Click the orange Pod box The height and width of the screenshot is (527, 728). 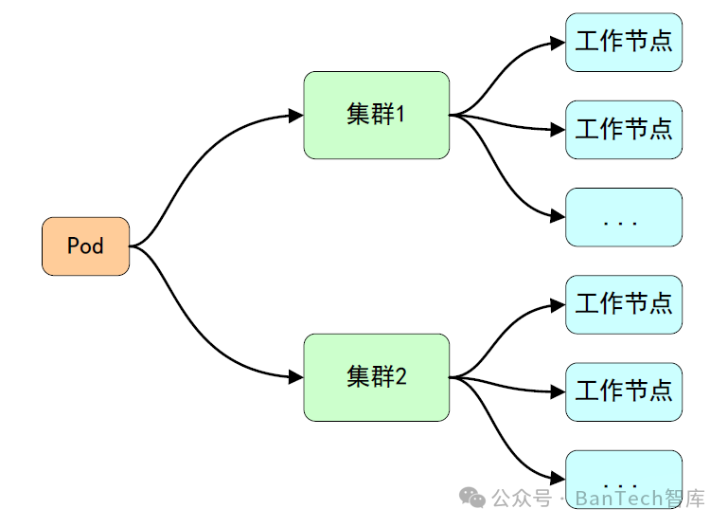pos(85,246)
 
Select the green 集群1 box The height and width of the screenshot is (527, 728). pos(376,115)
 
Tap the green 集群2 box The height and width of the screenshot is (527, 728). pos(376,377)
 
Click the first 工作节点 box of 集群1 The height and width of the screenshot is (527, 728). pos(623,42)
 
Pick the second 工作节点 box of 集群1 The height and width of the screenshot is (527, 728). pos(623,129)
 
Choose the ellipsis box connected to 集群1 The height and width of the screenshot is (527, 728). pos(623,217)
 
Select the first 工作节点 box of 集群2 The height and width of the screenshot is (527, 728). pos(623,304)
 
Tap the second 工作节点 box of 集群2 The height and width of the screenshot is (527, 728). pos(623,391)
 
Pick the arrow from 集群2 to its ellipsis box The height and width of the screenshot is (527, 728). pos(511,441)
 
